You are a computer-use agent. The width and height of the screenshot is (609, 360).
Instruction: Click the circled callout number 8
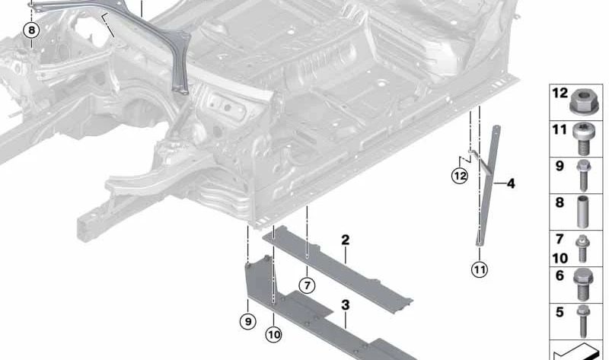point(31,30)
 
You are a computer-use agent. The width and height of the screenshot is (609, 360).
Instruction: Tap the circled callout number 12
point(460,176)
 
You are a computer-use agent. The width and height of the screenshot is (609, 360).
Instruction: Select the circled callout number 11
point(480,269)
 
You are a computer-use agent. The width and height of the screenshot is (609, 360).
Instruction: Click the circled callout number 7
point(308,286)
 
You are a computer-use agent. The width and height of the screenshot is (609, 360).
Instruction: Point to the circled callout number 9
point(248,321)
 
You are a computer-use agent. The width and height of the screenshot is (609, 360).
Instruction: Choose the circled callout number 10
point(273,334)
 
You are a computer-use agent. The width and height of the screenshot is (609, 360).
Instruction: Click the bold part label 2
point(346,240)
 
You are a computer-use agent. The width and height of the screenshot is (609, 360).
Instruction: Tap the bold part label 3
point(346,305)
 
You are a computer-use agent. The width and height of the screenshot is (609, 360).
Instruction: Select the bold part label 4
point(511,183)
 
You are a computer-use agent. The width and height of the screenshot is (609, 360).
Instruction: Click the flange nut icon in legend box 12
point(582,101)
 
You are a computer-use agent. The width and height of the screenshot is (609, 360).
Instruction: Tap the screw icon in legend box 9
point(583,176)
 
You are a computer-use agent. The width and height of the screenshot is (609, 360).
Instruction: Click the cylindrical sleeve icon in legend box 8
point(582,212)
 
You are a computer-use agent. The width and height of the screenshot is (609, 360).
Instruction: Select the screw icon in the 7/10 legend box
point(582,249)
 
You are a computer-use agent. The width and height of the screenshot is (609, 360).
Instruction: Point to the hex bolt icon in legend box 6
point(582,285)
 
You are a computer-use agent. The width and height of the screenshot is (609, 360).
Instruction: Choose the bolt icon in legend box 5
point(583,321)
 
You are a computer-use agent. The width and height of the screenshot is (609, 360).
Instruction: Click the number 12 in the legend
point(560,93)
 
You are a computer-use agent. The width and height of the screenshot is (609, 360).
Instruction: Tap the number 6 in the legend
point(560,276)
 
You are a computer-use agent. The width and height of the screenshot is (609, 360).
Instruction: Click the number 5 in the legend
point(560,312)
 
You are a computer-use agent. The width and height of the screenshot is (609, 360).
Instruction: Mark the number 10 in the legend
point(560,258)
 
